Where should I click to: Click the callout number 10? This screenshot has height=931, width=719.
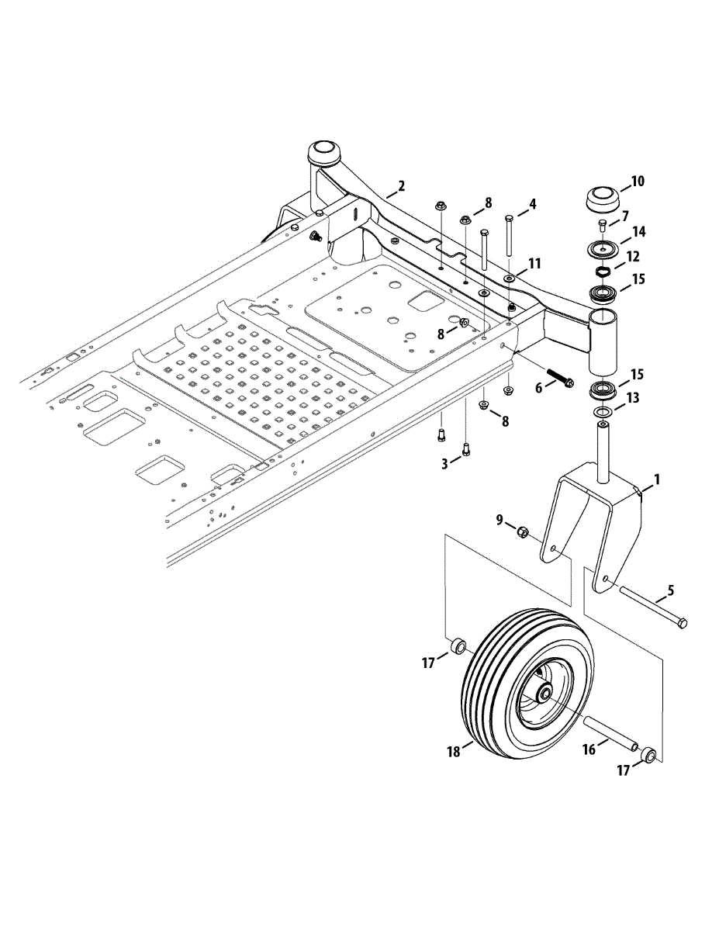(x=638, y=182)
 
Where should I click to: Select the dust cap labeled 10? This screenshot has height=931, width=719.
(x=601, y=199)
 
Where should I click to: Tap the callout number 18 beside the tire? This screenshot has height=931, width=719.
(x=455, y=751)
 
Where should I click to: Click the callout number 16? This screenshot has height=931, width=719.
(x=589, y=749)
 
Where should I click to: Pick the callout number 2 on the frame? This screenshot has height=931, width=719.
(x=401, y=186)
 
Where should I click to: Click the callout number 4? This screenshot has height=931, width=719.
(x=532, y=205)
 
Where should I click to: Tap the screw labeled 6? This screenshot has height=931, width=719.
(x=559, y=379)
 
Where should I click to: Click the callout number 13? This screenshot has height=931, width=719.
(x=632, y=398)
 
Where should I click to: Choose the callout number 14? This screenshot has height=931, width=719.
(x=638, y=231)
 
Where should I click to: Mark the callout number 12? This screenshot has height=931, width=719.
(x=632, y=256)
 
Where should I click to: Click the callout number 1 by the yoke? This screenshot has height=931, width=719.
(x=656, y=480)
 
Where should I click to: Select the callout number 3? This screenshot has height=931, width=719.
(x=444, y=463)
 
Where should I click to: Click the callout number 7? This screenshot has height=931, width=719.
(x=624, y=215)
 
